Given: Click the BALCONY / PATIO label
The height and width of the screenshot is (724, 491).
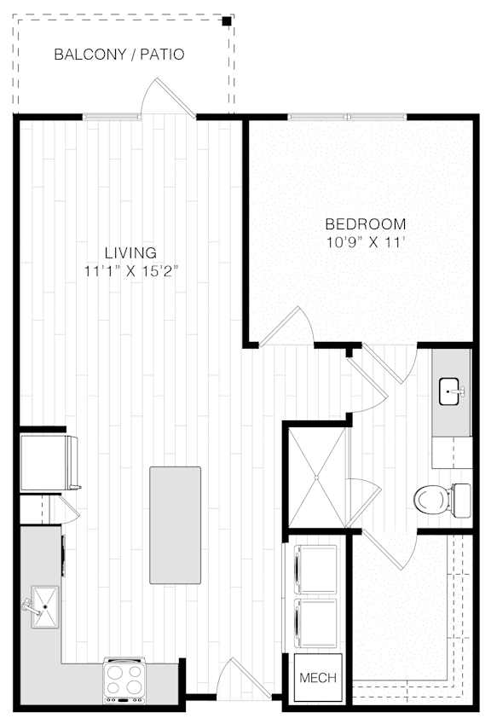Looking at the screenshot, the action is tap(119, 55).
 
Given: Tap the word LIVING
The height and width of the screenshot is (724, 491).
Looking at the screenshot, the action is tap(130, 252).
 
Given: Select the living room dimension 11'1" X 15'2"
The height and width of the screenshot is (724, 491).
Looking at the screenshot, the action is tap(131, 270).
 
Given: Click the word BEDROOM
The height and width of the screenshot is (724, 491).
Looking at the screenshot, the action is tap(366, 224).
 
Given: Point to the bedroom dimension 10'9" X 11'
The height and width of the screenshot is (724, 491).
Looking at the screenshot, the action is tap(366, 242).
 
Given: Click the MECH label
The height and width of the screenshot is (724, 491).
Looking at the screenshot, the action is tap(318, 678).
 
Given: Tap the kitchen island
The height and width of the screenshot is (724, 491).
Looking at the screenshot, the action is tap(175, 525).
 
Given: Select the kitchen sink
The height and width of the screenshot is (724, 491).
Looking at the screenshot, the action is tap(44, 606).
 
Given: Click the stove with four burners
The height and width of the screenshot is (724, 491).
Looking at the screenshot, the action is tap(124, 681).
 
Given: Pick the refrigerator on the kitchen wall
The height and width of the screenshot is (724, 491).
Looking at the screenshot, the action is tap(49, 462).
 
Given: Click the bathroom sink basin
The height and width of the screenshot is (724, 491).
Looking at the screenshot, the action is tap(449, 391).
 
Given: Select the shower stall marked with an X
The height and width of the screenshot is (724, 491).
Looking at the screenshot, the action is tap(316, 478).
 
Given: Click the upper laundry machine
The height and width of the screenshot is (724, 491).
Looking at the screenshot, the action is tap(315, 570).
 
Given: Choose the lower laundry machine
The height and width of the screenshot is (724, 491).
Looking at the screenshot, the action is tap(315, 623).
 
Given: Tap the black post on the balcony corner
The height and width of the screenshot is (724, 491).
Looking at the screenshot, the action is tap(227, 21).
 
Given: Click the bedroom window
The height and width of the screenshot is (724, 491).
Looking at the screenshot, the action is tap(348, 117).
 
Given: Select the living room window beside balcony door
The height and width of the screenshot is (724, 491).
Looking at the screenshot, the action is tap(111, 117).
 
